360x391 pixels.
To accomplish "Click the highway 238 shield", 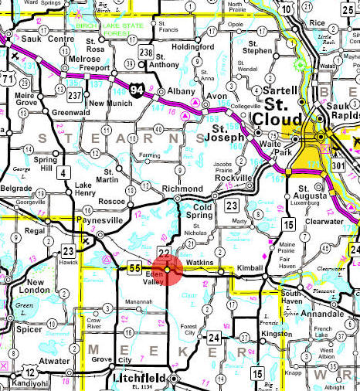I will click(144, 52).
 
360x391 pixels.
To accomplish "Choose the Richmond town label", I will click(182, 189).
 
